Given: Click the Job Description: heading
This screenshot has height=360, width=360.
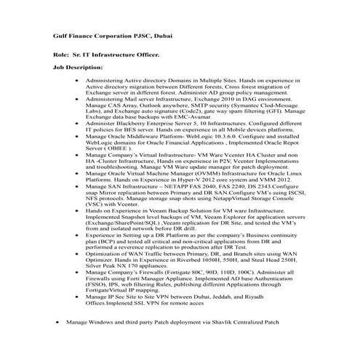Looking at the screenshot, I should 78,67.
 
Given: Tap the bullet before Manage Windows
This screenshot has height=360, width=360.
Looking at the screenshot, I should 57,340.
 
